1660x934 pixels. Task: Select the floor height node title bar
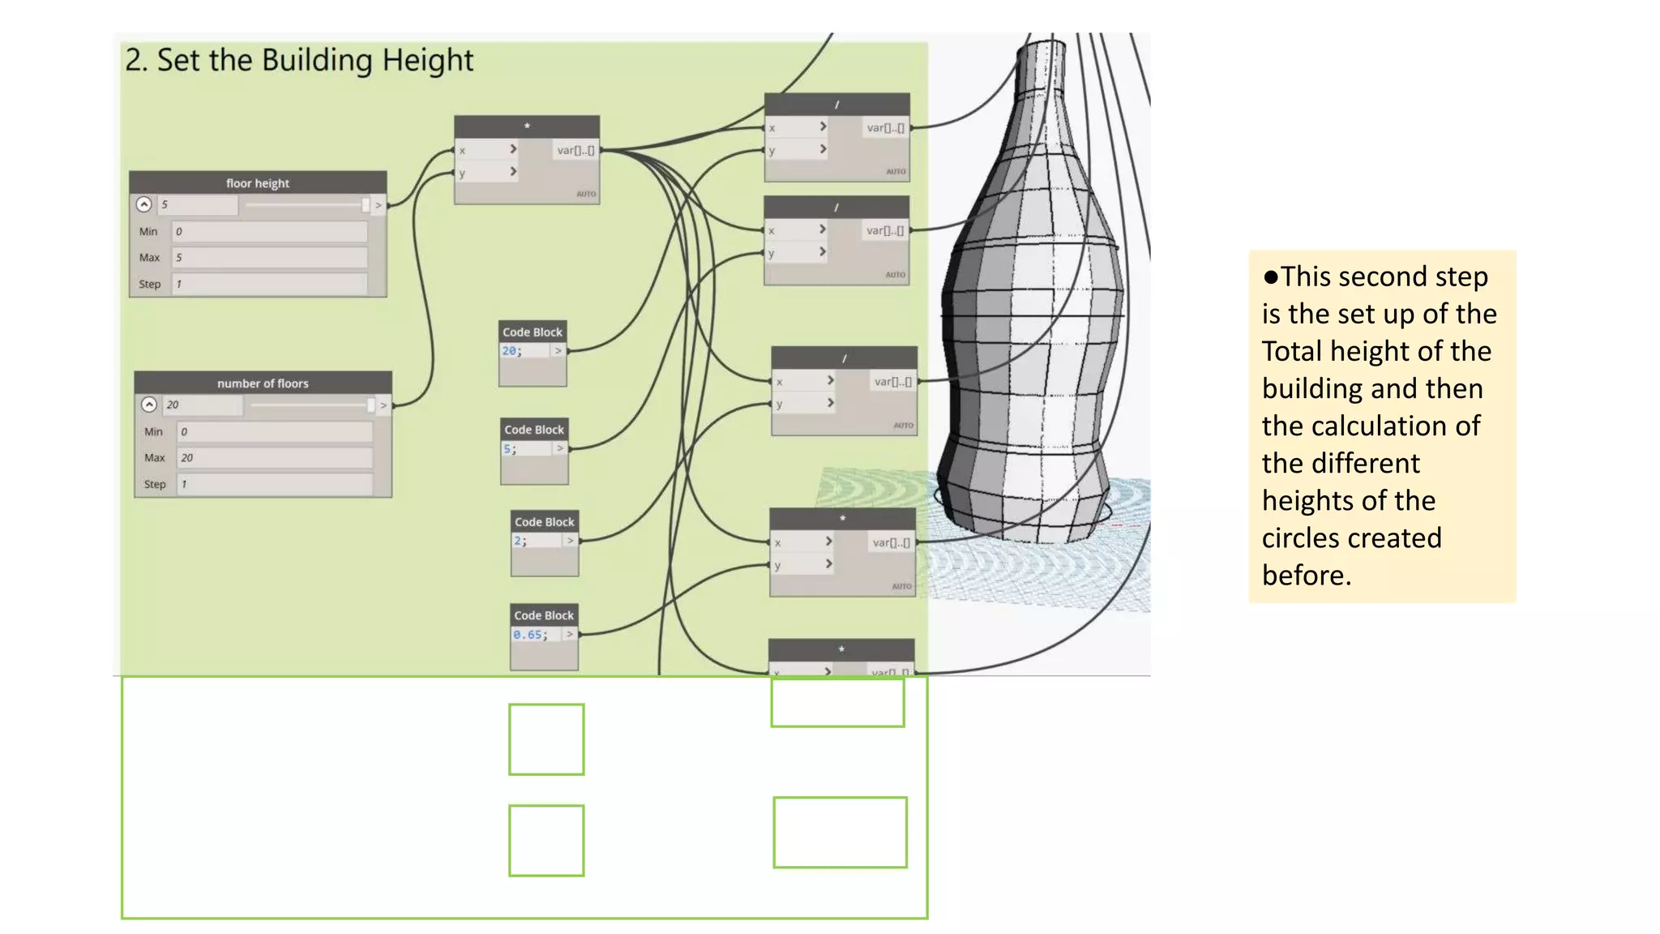258,183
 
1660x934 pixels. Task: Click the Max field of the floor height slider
269,258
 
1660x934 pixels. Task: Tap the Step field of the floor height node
269,284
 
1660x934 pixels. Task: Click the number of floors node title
263,383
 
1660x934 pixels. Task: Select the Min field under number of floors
274,431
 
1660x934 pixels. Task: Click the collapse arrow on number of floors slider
149,405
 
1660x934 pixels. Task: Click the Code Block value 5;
510,448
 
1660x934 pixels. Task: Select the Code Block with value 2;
520,541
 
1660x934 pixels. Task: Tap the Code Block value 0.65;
530,634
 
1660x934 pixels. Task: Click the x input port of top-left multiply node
486,150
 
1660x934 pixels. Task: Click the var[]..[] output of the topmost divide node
884,127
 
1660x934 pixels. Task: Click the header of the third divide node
844,358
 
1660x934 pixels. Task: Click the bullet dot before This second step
1270,277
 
